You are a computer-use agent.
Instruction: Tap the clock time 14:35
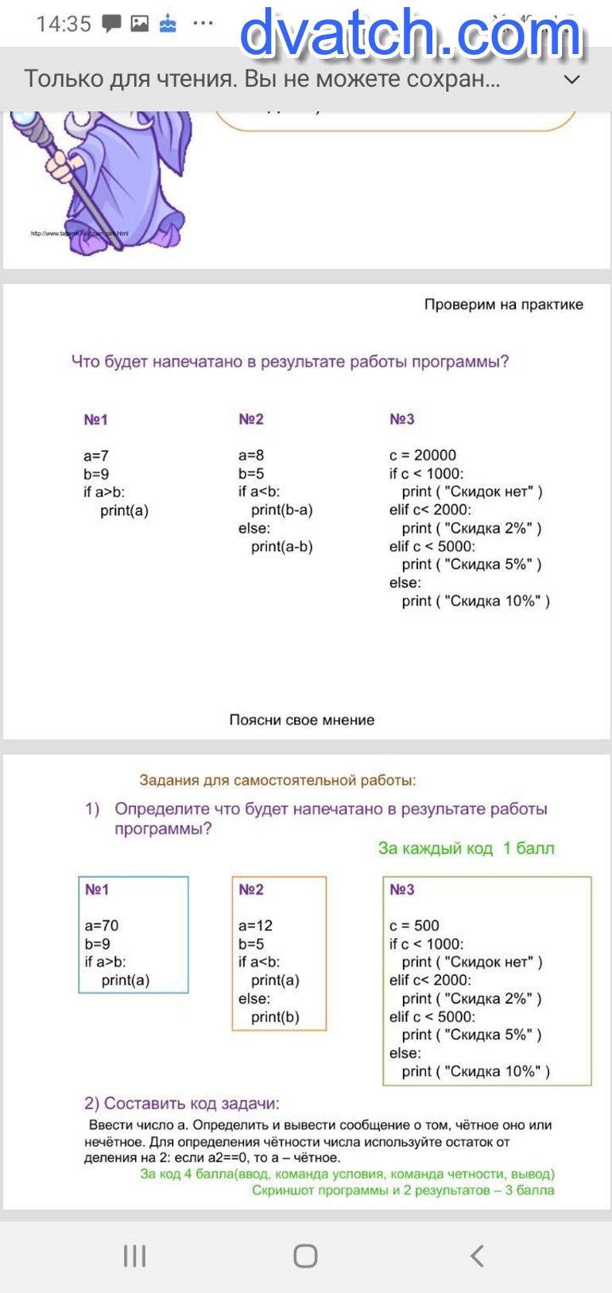[x=64, y=24]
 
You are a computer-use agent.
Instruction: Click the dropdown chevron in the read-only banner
[x=571, y=80]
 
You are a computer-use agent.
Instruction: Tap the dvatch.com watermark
[x=411, y=33]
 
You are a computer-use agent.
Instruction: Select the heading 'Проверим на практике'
[x=503, y=305]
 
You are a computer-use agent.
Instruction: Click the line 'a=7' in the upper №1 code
[x=96, y=456]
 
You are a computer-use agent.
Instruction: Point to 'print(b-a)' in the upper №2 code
[x=282, y=511]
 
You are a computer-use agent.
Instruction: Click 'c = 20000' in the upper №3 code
[x=423, y=455]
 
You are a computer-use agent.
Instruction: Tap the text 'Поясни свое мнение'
[x=302, y=720]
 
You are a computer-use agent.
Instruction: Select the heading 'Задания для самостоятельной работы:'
[x=277, y=780]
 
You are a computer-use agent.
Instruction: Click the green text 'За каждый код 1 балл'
[x=467, y=848]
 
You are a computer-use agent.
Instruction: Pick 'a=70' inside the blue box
[x=102, y=926]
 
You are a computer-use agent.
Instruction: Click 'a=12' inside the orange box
[x=255, y=926]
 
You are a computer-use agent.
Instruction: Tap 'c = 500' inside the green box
[x=414, y=926]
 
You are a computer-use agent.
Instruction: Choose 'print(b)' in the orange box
[x=275, y=1017]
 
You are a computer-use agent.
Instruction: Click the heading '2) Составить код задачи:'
[x=182, y=1104]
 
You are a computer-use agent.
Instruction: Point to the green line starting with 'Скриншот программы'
[x=403, y=1190]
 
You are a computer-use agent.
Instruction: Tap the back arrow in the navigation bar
[x=477, y=1256]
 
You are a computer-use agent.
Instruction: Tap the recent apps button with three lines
[x=134, y=1256]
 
